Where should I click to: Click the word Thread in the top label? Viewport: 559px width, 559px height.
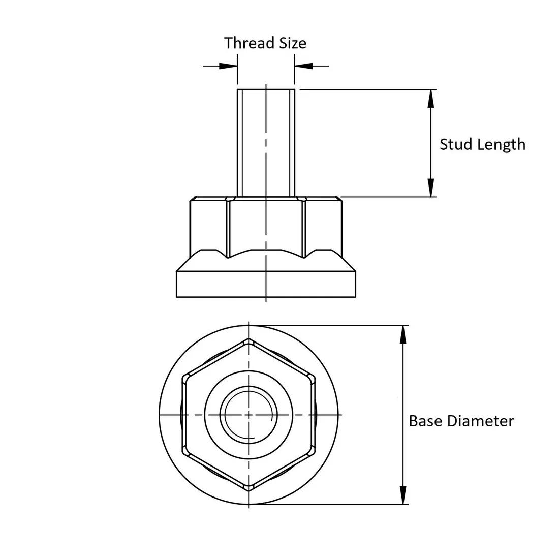click(245, 43)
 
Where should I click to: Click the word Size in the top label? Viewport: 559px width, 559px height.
click(292, 43)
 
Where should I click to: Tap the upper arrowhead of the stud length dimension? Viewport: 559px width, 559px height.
click(431, 98)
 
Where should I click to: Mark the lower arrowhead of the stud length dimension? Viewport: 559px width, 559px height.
click(431, 188)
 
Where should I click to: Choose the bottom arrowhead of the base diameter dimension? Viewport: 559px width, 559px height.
click(403, 495)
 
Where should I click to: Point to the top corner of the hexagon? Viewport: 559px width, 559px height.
click(249, 339)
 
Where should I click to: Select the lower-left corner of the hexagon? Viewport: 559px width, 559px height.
click(184, 452)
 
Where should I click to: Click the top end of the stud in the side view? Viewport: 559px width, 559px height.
click(266, 90)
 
